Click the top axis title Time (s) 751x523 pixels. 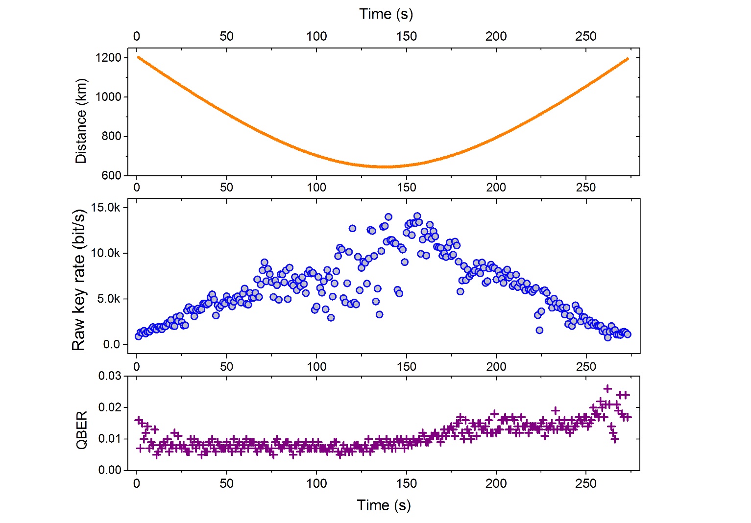pyautogui.click(x=386, y=14)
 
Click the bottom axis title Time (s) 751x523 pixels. pyautogui.click(x=384, y=505)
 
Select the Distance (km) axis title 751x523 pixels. pyautogui.click(x=81, y=121)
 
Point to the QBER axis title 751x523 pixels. pyautogui.click(x=82, y=429)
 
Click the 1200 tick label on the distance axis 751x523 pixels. pyautogui.click(x=108, y=58)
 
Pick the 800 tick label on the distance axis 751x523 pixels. pyautogui.click(x=111, y=136)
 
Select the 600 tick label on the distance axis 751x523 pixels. pyautogui.click(x=111, y=175)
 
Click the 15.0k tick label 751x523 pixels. pyautogui.click(x=105, y=208)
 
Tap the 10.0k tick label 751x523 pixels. pyautogui.click(x=105, y=253)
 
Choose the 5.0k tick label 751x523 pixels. pyautogui.click(x=108, y=299)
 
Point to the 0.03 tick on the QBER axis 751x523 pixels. pyautogui.click(x=110, y=376)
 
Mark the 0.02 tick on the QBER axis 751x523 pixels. pyautogui.click(x=110, y=407)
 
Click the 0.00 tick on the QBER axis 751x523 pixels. pyautogui.click(x=110, y=470)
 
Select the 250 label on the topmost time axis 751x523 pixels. pyautogui.click(x=586, y=36)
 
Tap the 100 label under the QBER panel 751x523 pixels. pyautogui.click(x=316, y=483)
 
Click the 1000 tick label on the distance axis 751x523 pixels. pyautogui.click(x=108, y=97)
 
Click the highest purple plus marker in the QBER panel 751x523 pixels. pyautogui.click(x=607, y=389)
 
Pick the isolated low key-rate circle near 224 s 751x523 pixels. pyautogui.click(x=539, y=330)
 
